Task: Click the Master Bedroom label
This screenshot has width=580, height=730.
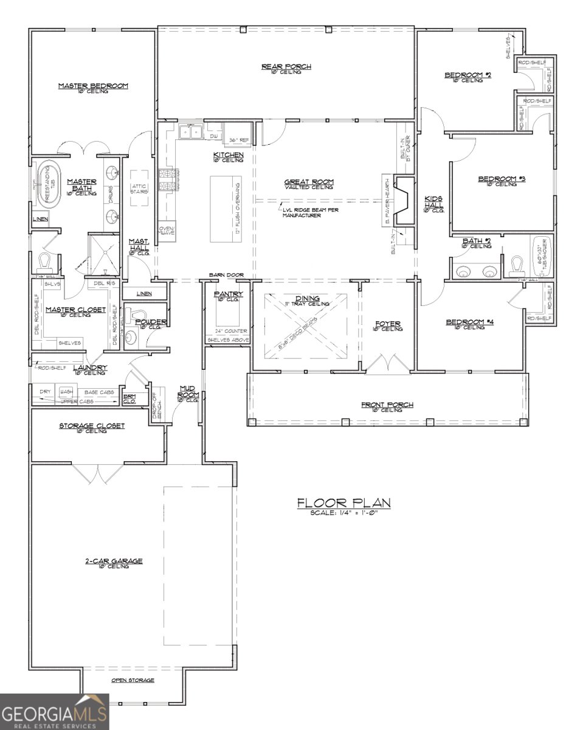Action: point(93,86)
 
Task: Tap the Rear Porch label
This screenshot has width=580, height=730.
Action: point(286,67)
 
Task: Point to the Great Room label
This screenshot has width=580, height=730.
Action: point(309,182)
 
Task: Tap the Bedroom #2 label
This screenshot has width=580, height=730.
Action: point(468,75)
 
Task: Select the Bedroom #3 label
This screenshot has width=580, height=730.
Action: point(501,179)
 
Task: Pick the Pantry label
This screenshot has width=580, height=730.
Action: point(229,294)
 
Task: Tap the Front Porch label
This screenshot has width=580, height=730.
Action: point(387,405)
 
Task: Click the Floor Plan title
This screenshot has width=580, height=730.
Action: point(344,502)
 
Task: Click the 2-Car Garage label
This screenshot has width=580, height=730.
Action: point(114,561)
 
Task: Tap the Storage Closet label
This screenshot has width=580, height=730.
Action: point(91,426)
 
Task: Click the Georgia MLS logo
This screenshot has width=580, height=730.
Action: point(54,712)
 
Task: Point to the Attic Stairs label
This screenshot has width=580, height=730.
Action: point(139,189)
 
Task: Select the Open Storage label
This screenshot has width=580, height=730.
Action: point(132,680)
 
